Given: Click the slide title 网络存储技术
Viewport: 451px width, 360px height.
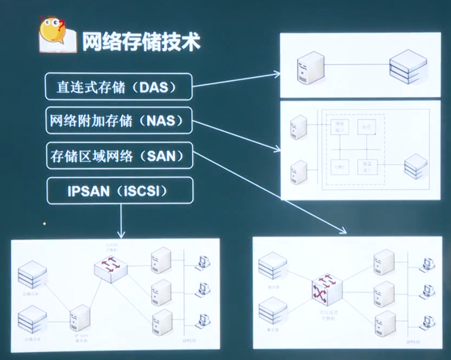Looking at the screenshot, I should coord(141,42).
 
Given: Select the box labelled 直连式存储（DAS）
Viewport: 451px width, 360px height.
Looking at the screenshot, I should coord(119,87).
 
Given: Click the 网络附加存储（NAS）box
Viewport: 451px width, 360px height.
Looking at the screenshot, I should coord(119,121).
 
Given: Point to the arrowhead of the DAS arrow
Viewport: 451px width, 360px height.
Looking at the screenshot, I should coord(277,73).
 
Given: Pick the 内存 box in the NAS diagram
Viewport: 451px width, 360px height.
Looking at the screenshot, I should coord(366,126).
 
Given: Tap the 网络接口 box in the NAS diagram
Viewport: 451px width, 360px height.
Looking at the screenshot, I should coord(339,126).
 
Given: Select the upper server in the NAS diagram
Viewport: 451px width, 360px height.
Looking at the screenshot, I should coord(298,126).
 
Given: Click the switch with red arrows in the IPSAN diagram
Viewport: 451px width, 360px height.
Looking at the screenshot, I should coord(111,268).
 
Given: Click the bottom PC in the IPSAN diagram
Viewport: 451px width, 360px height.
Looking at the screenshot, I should coord(203,321).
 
